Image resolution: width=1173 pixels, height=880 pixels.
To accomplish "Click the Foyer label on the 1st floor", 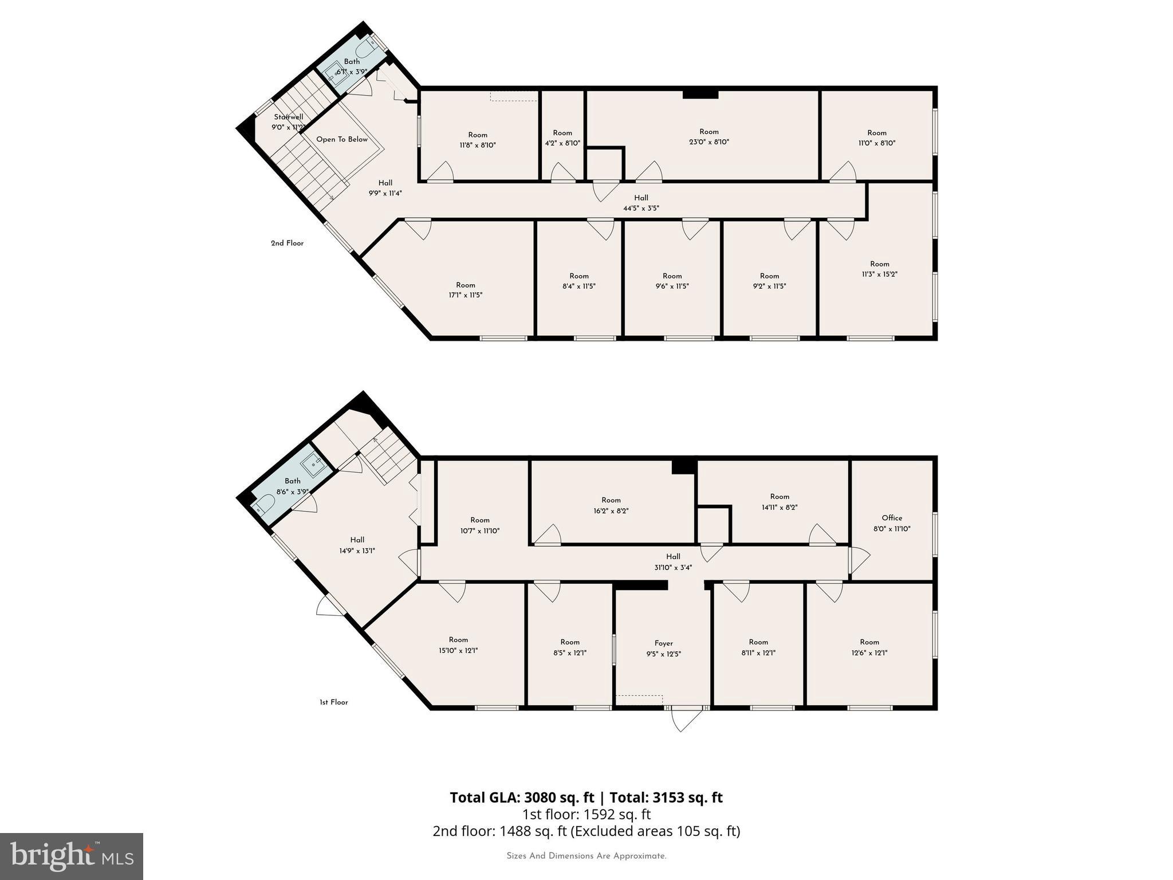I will pos(663,643).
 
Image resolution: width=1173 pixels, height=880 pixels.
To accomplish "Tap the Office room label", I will pos(892,518).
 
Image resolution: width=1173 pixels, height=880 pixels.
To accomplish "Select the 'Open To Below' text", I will pos(342,139).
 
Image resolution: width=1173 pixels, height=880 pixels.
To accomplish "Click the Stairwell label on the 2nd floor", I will pos(288,117).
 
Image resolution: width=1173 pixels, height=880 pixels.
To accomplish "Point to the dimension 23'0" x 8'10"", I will pos(708,142).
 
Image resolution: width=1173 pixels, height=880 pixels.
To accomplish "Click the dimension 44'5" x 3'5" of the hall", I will pos(641,208).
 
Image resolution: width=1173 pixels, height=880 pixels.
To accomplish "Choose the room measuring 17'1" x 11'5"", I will pos(465,290).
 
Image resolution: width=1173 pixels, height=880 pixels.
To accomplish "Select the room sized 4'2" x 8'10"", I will pos(562,138).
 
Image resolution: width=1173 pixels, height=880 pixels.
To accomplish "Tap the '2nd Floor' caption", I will pos(287,243).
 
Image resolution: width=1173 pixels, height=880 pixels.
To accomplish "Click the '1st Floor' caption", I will pos(333,702).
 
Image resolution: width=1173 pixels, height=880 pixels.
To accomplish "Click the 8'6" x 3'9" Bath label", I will pos(292,486).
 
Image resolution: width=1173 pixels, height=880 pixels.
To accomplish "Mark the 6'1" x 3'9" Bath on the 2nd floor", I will pos(352,66).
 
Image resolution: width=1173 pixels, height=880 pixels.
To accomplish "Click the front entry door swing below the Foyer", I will pos(686,720).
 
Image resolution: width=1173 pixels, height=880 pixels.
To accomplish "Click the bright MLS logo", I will pos(72,856).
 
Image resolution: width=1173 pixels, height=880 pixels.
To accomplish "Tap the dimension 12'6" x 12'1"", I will pos(869,653).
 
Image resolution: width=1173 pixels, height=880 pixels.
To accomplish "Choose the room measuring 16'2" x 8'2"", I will pos(611,505).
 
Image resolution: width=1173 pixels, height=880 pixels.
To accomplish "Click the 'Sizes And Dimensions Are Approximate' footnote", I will pos(586,856).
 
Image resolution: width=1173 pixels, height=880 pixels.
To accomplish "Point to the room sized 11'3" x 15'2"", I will pos(879,269).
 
